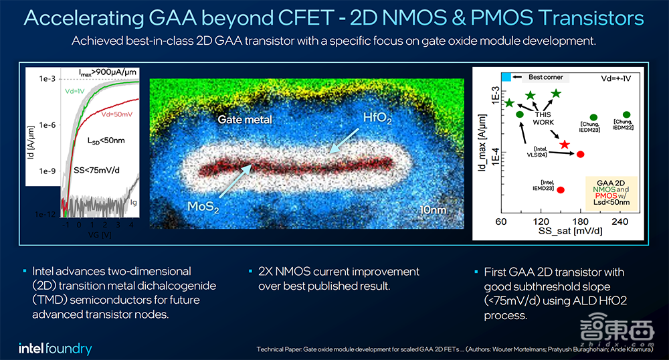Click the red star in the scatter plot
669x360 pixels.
[565, 145]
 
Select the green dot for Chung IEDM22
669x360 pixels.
[626, 114]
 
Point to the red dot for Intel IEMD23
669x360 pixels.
[561, 190]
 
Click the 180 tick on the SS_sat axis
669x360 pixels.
[581, 222]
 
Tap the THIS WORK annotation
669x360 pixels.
[542, 118]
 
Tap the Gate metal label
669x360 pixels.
[245, 120]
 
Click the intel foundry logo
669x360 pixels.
[55, 349]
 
